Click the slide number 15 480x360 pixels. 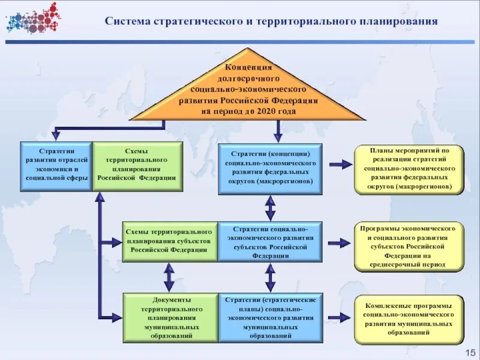tap(469, 351)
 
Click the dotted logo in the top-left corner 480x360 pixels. tap(33, 17)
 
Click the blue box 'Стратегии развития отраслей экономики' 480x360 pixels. tap(56, 166)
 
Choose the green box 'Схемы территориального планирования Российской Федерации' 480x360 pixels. tap(137, 166)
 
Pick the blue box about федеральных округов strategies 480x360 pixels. tap(270, 169)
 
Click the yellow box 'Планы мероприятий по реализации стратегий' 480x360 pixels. tap(409, 169)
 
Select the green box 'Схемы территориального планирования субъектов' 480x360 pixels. tap(169, 241)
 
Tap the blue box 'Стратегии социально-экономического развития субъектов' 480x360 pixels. tap(270, 242)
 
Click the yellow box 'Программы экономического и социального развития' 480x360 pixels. tap(409, 247)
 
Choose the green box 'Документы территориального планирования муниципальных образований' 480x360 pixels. tap(169, 317)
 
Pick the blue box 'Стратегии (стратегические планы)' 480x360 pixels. tap(270, 317)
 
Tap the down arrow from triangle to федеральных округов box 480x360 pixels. tap(277, 131)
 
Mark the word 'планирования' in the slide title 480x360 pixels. tap(400, 22)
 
